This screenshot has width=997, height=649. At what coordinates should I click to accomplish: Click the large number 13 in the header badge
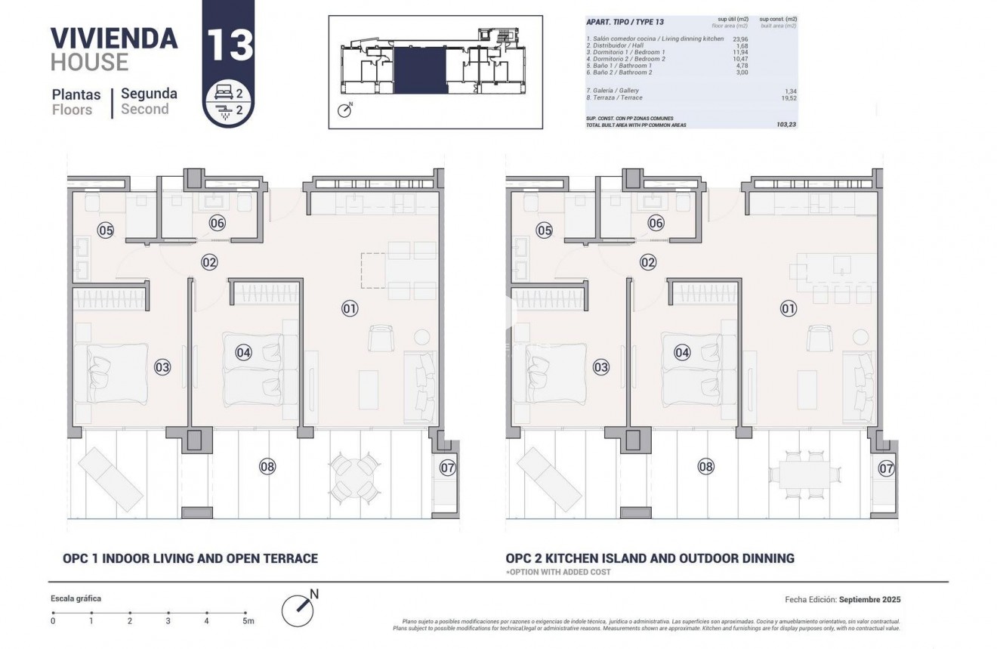click(x=229, y=45)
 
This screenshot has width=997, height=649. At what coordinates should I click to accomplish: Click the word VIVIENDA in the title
click(x=114, y=38)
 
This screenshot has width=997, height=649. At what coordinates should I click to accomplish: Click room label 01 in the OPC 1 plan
click(x=349, y=308)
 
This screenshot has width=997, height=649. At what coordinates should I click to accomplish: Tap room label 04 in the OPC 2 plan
click(x=682, y=352)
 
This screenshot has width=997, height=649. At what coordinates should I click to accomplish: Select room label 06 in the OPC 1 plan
click(x=217, y=223)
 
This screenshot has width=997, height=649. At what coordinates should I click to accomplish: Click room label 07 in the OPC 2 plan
click(x=886, y=468)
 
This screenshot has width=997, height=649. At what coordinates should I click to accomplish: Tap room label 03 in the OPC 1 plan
click(x=162, y=368)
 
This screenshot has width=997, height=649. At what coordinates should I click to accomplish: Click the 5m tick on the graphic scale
click(x=245, y=613)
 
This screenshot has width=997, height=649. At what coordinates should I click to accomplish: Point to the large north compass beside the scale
click(x=298, y=607)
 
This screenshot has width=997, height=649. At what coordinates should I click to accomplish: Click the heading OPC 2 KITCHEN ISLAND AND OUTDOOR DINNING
click(x=650, y=558)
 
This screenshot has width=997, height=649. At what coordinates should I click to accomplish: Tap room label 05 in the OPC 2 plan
click(x=544, y=231)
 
